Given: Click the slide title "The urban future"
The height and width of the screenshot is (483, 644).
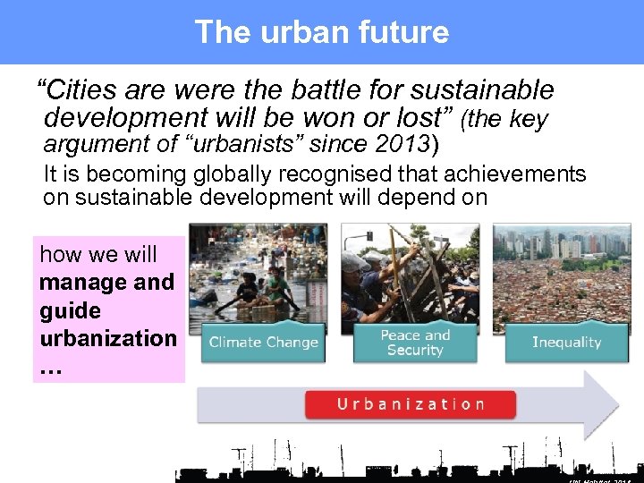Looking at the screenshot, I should tap(321, 32).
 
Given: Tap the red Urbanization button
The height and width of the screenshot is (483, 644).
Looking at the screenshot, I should tap(411, 403).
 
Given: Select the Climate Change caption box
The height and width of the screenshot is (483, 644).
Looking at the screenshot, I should tap(263, 342).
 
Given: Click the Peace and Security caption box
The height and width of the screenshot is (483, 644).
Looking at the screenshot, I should tap(415, 342).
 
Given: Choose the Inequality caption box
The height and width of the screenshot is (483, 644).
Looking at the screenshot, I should tap(566, 342).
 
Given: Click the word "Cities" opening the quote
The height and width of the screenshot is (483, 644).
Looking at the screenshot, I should tap(77, 90).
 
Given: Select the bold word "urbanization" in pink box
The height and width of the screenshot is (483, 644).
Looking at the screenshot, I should tap(108, 338).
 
